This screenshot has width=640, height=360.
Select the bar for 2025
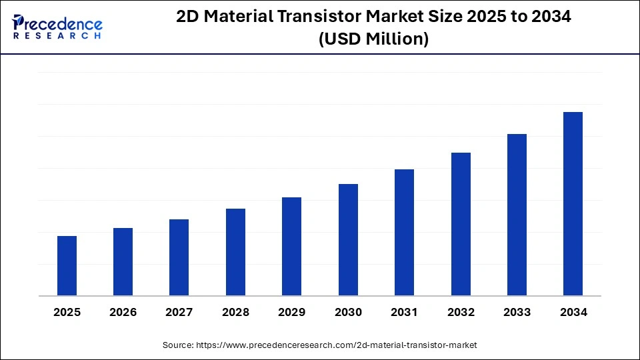click(67, 266)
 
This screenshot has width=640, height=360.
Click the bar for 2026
click(123, 262)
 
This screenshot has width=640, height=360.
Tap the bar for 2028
click(235, 252)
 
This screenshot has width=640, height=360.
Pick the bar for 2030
click(348, 240)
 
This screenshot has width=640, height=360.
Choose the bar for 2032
click(461, 224)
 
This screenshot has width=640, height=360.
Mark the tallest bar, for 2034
click(573, 204)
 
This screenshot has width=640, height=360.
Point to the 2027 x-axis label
click(179, 312)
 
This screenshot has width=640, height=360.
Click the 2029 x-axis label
click(292, 312)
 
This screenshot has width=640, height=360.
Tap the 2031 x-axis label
click(404, 312)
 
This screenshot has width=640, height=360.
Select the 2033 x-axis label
click(517, 312)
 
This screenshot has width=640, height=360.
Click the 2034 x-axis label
click(573, 312)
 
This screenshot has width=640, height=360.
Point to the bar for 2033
click(517, 215)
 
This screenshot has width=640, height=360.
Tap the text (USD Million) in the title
click(373, 39)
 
